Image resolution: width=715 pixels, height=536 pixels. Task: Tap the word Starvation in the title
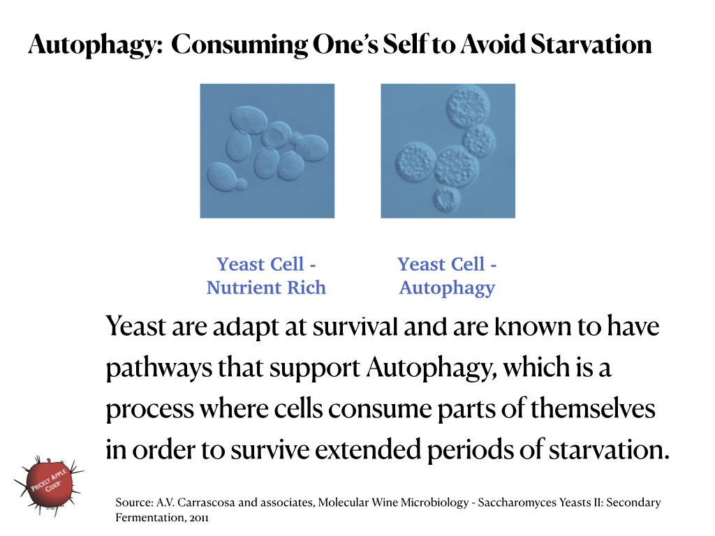(x=591, y=45)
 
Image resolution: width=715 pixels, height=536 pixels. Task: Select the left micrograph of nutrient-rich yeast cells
(x=267, y=151)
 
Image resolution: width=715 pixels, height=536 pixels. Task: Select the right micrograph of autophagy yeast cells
(x=448, y=151)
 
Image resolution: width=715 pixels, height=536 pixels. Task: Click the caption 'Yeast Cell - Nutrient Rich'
(x=266, y=276)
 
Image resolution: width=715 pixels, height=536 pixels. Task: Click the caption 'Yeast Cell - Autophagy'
(x=447, y=276)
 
